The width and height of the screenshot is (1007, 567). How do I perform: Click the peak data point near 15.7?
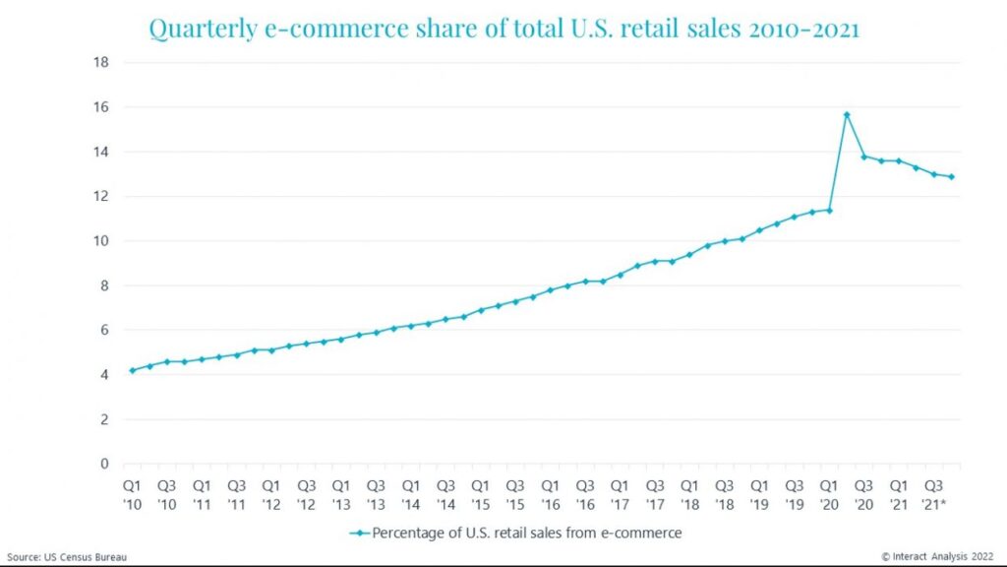[x=847, y=114]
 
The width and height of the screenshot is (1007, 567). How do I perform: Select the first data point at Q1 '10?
[x=132, y=370]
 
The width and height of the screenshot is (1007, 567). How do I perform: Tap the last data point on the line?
[x=951, y=177]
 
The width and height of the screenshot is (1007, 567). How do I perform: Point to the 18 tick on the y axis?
[x=101, y=62]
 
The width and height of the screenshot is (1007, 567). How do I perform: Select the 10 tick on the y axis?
[x=101, y=241]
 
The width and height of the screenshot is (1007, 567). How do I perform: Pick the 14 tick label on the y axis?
[x=101, y=152]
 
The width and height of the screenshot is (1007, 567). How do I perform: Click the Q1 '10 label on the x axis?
[x=132, y=494]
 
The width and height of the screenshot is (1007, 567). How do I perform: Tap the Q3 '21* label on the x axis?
[x=934, y=494]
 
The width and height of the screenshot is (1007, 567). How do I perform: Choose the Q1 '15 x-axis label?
[x=481, y=494]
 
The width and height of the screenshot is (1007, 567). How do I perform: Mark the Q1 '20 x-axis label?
[x=829, y=494]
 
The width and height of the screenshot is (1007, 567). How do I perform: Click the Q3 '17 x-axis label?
[x=655, y=494]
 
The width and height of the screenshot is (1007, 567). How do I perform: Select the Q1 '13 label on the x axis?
[x=341, y=494]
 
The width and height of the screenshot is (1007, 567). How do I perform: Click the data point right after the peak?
[x=864, y=157]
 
